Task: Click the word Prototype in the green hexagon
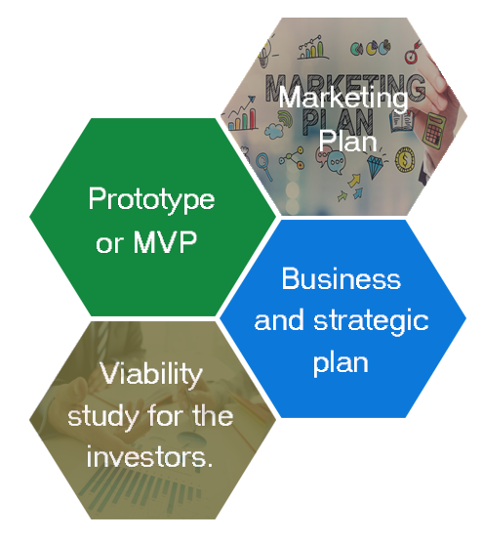pyautogui.click(x=151, y=199)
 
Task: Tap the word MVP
pyautogui.click(x=165, y=241)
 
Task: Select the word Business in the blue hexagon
pyautogui.click(x=342, y=279)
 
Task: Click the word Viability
pyautogui.click(x=151, y=374)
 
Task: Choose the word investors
pyautogui.click(x=149, y=457)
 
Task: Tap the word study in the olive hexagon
pyautogui.click(x=104, y=417)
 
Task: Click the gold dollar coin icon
pyautogui.click(x=405, y=159)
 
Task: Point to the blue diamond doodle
pyautogui.click(x=375, y=166)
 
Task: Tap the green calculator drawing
pyautogui.click(x=433, y=131)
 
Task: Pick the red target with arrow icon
pyautogui.click(x=412, y=53)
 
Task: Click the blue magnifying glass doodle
pyautogui.click(x=264, y=166)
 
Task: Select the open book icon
pyautogui.click(x=402, y=121)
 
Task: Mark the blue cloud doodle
pyautogui.click(x=274, y=131)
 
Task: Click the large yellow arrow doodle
pyautogui.click(x=354, y=181)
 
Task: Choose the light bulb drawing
pyautogui.click(x=263, y=56)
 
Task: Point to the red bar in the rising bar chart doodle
pyautogui.click(x=253, y=119)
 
